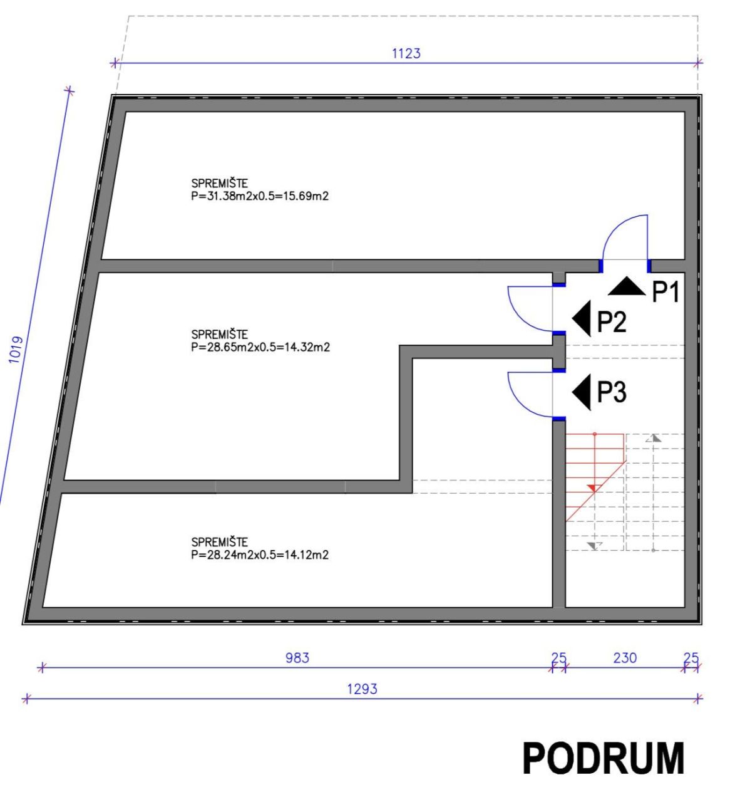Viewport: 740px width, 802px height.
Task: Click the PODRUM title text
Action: click(x=603, y=758)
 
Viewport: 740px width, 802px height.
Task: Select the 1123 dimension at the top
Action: click(x=406, y=53)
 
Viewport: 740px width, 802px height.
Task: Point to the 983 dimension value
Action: click(x=297, y=657)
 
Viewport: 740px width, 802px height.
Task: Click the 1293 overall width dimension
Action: click(x=362, y=689)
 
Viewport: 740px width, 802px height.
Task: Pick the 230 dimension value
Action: click(x=625, y=657)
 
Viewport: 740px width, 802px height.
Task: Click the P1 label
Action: click(x=665, y=292)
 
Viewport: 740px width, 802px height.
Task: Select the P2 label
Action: click(x=611, y=322)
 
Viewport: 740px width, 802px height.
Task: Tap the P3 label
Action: click(x=611, y=392)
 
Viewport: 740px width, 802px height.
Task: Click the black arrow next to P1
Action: click(x=627, y=288)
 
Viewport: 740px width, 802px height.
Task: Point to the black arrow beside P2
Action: click(x=583, y=318)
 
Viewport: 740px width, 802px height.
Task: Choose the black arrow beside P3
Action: click(x=583, y=392)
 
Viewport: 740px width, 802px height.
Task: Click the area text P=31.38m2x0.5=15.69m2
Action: click(x=260, y=196)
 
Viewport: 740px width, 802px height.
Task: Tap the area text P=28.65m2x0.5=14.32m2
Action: click(x=260, y=347)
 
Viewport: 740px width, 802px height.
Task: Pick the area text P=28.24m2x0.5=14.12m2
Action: click(x=260, y=555)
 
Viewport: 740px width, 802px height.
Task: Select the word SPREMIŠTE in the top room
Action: click(x=219, y=184)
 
